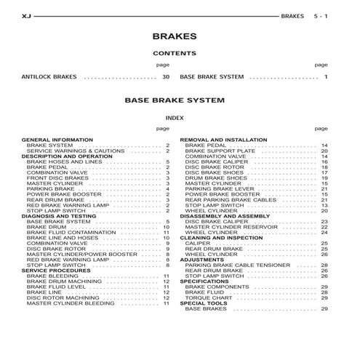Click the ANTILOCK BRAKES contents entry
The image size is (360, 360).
[49, 76]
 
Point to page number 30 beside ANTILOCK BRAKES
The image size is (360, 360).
[166, 76]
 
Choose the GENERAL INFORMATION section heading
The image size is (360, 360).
[57, 139]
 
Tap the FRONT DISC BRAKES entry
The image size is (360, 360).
[57, 177]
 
